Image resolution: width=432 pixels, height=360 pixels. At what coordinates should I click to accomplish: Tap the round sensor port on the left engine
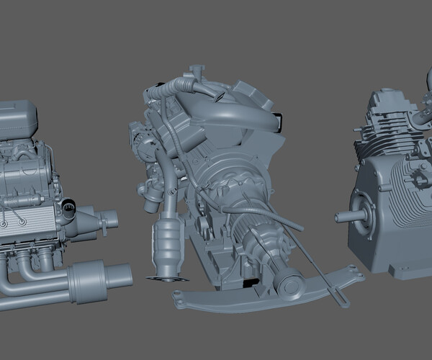(68, 208)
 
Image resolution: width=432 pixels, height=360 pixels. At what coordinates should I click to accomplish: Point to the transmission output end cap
(292, 284)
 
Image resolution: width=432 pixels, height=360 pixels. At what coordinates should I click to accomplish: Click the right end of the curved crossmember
(353, 272)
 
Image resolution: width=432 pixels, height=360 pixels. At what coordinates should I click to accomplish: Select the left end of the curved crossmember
(180, 297)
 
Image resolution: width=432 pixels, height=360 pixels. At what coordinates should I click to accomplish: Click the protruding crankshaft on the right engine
(343, 216)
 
